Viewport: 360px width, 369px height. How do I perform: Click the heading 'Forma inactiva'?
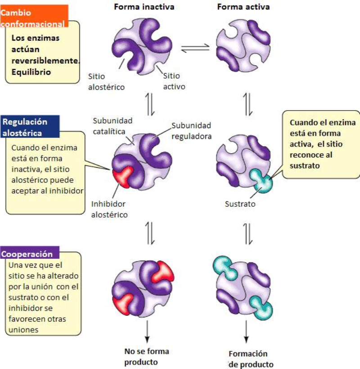coord(144,7)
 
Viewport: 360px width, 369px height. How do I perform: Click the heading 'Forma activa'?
coord(243,7)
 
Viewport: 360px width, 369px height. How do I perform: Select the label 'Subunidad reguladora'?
coord(191,130)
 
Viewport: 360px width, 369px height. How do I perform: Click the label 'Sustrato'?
coord(240,204)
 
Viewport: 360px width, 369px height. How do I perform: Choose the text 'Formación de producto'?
coord(250,359)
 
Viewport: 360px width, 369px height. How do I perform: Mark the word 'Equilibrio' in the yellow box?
coord(31,71)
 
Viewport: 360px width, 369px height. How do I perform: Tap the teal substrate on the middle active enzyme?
coord(263,182)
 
